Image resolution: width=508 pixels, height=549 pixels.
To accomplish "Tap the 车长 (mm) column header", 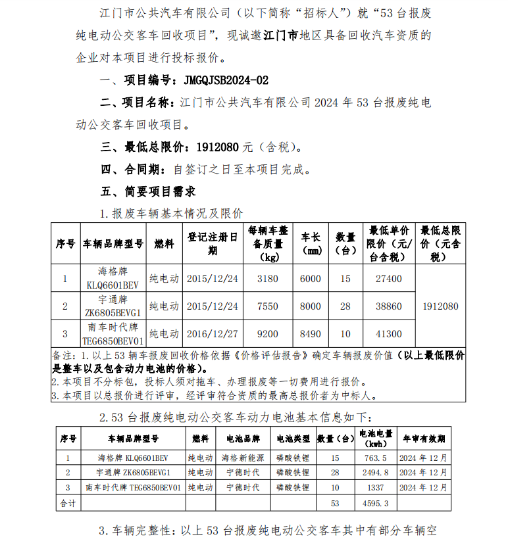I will pos(311,243).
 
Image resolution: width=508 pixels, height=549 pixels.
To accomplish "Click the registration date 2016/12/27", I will pos(213,334).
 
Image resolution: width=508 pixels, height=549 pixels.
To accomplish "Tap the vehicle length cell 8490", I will pos(311,334).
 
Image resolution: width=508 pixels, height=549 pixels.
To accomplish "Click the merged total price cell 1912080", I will pos(441,306).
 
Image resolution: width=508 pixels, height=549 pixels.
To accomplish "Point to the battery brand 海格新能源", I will pos(242,458).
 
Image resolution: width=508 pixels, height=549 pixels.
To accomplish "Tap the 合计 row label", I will pos(68,503).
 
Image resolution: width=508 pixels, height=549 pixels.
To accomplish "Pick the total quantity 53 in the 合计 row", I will pos(335,503).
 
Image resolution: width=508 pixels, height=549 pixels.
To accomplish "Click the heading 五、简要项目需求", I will pos(147,191).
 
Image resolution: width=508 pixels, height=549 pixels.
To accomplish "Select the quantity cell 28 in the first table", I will pos(346,306).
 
